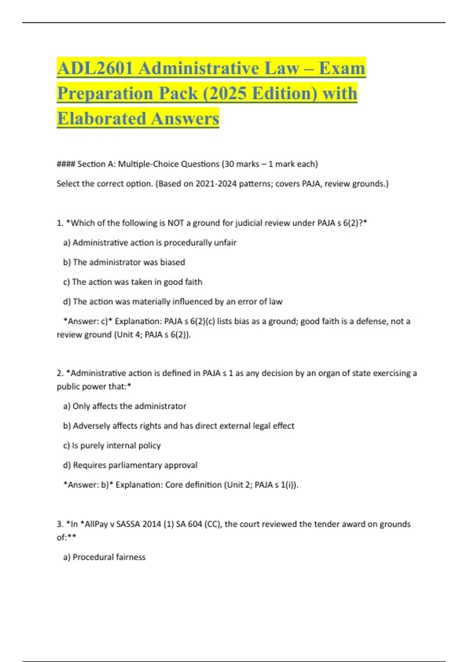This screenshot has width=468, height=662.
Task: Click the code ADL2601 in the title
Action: point(95,69)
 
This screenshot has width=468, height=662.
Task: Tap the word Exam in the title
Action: point(342,69)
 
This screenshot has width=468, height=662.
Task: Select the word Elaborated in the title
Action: point(102,119)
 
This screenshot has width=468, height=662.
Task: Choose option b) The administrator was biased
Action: point(124,262)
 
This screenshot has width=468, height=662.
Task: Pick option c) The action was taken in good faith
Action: point(133,282)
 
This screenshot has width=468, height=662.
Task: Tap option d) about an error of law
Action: point(172,302)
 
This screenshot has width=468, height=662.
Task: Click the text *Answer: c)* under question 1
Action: point(88,321)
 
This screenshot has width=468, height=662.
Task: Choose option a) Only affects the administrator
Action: point(124,406)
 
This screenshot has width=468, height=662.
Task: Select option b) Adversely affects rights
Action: point(179,426)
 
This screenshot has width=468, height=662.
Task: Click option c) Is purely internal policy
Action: point(112,445)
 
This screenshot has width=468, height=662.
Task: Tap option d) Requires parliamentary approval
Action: point(130,465)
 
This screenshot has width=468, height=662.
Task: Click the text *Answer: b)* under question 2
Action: point(88,485)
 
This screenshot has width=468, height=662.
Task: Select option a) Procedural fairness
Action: point(104,557)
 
